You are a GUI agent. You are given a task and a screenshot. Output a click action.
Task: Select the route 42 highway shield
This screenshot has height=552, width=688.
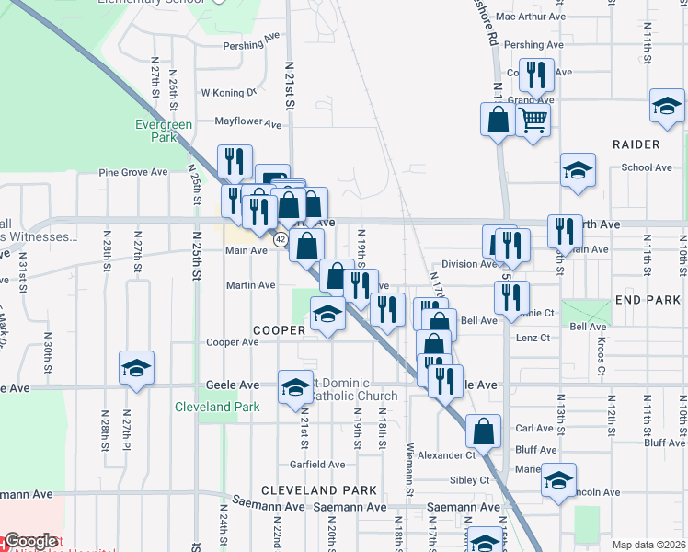click(281, 239)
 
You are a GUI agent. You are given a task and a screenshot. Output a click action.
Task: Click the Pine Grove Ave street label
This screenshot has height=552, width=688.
click(133, 172)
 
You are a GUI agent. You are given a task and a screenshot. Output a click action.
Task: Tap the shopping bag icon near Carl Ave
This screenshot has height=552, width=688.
click(483, 430)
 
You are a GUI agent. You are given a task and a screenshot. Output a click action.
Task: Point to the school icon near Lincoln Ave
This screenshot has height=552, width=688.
click(558, 480)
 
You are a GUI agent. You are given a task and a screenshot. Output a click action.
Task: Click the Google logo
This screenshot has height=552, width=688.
click(30, 541)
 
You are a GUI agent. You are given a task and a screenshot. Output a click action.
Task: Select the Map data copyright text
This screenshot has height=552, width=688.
click(648, 545)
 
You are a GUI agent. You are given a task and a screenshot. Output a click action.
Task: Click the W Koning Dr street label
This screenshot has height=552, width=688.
click(228, 93)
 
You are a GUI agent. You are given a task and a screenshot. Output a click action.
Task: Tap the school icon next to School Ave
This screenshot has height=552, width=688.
click(578, 169)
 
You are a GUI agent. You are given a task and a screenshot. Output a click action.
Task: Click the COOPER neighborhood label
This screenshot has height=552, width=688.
click(276, 329)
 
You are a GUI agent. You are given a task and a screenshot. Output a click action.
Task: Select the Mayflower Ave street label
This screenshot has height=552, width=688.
click(247, 121)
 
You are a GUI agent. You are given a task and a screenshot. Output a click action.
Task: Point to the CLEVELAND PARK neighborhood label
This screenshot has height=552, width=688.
click(306, 490)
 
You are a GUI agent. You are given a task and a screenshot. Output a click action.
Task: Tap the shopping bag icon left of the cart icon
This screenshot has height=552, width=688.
click(498, 119)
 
